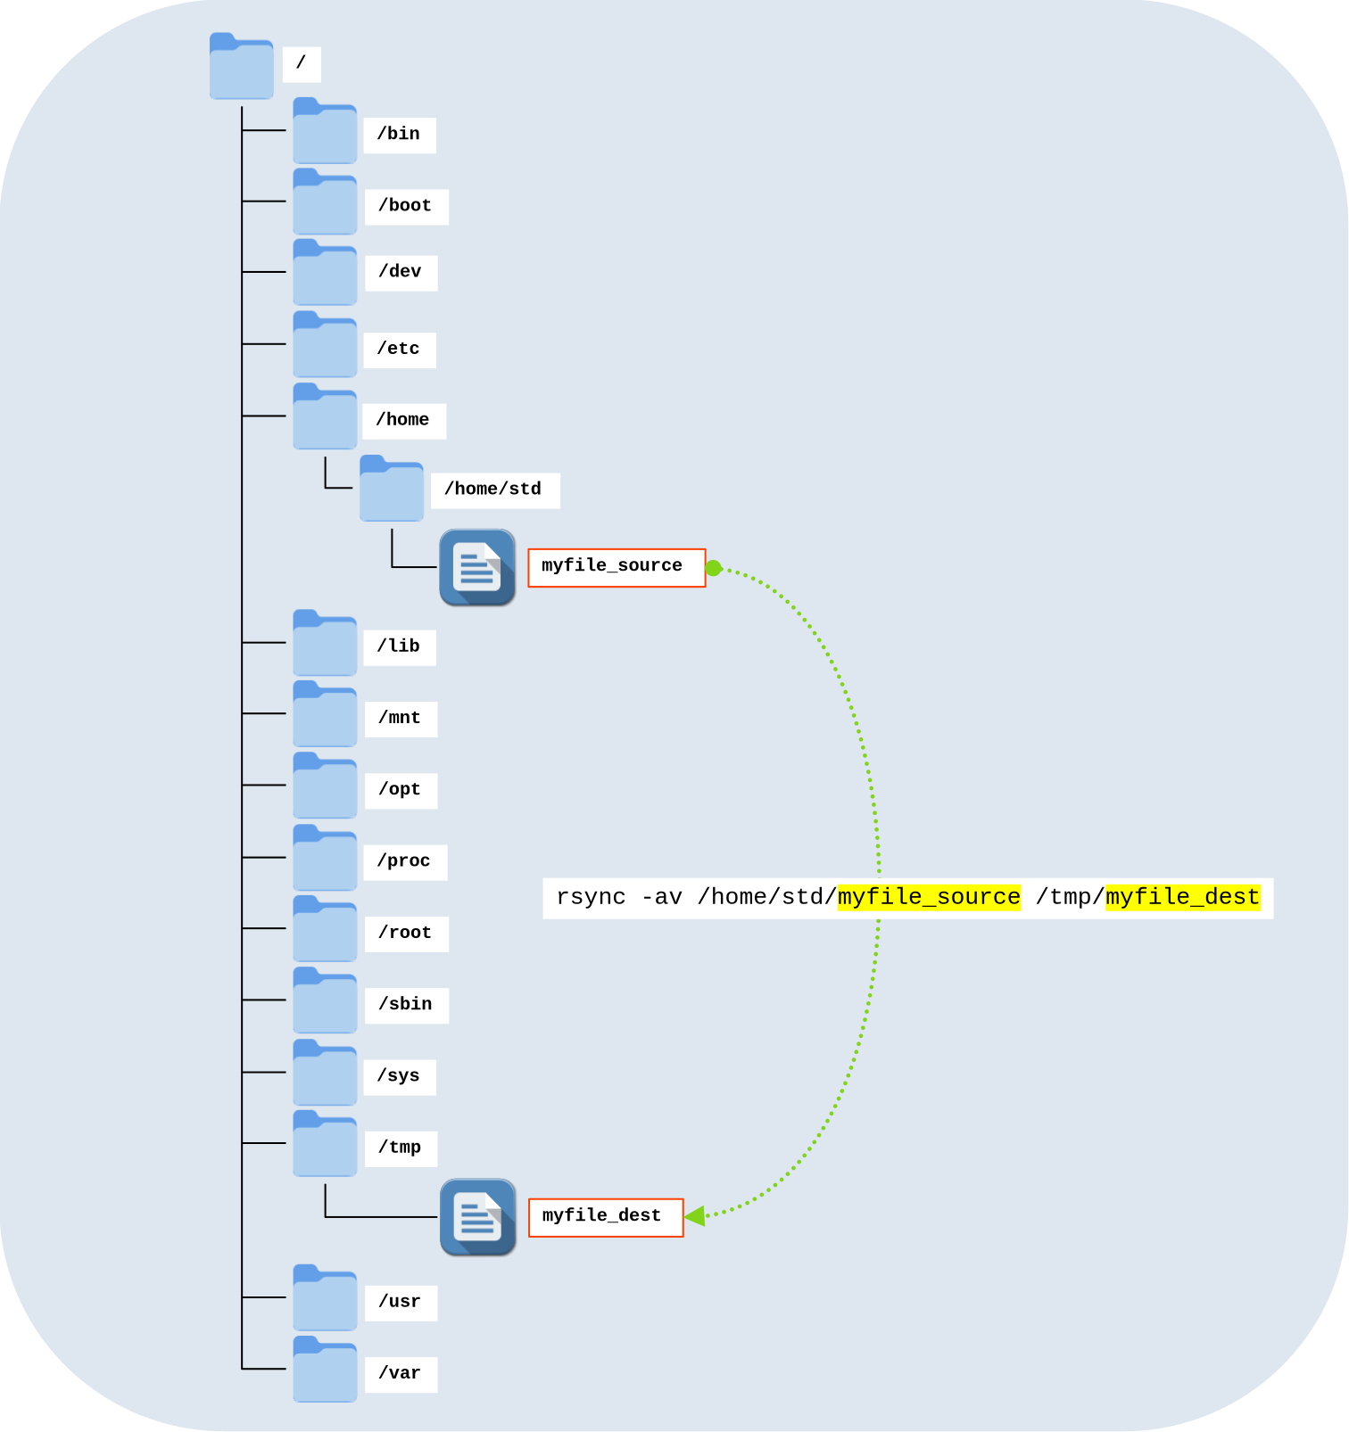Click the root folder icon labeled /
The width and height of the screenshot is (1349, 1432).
click(x=241, y=68)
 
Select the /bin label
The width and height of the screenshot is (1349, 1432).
click(x=399, y=135)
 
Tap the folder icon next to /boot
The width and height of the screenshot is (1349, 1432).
click(x=325, y=203)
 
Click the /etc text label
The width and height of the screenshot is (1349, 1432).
click(x=399, y=350)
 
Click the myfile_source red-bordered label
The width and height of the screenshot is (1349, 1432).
click(x=616, y=568)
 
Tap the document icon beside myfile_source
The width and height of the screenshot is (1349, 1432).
click(x=477, y=568)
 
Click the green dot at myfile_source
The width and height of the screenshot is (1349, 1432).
click(x=714, y=568)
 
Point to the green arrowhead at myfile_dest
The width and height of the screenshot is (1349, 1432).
click(x=696, y=1215)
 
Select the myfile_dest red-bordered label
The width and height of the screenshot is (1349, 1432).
click(x=605, y=1217)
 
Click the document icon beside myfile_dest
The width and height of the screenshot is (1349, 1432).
click(x=477, y=1217)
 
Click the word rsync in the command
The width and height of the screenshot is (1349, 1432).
click(x=591, y=897)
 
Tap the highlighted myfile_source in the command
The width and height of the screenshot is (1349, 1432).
click(x=928, y=897)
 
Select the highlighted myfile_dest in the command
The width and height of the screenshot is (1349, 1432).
click(x=1182, y=897)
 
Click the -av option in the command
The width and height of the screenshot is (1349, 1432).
click(x=661, y=897)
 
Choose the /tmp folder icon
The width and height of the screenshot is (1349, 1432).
click(x=325, y=1145)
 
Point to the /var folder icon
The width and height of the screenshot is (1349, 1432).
click(x=325, y=1370)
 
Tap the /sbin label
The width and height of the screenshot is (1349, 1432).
click(x=406, y=1005)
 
